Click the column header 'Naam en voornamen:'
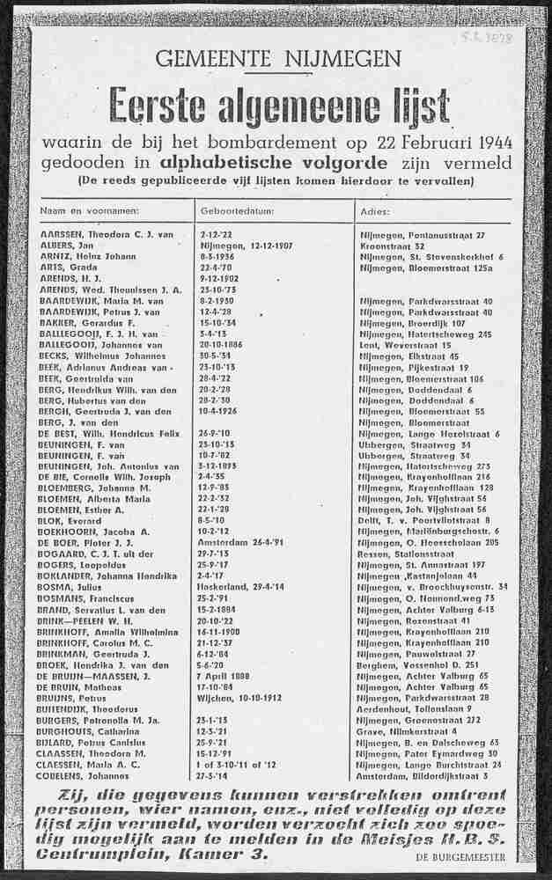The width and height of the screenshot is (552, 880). pyautogui.click(x=90, y=211)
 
